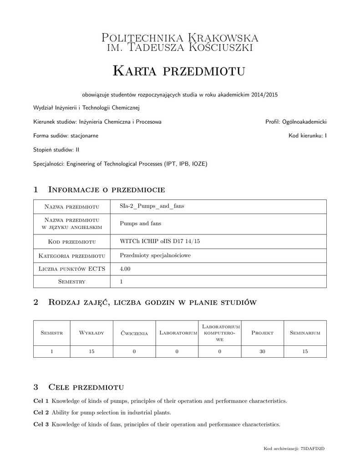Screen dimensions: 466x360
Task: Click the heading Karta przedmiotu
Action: tap(178, 71)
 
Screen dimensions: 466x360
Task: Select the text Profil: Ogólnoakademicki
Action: tap(296, 122)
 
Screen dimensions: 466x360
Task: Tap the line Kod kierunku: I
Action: tap(307, 136)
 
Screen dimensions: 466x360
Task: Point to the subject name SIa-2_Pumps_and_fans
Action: tap(152, 206)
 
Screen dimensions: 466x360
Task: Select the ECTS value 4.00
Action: tap(125, 269)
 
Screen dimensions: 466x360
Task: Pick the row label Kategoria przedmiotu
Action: tap(72, 256)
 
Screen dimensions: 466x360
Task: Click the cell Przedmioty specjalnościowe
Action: tap(155, 256)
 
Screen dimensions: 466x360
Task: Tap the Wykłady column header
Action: tap(91, 333)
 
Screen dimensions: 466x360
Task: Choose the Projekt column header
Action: tap(262, 333)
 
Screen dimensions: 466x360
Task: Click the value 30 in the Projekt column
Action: tap(262, 351)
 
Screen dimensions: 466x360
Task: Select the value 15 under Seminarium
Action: tap(305, 351)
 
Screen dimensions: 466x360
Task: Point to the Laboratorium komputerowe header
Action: tap(220, 333)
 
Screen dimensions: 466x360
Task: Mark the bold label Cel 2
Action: tap(41, 413)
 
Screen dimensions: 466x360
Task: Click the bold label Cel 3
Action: tap(41, 425)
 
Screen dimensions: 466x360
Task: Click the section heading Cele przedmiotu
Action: tap(86, 387)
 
